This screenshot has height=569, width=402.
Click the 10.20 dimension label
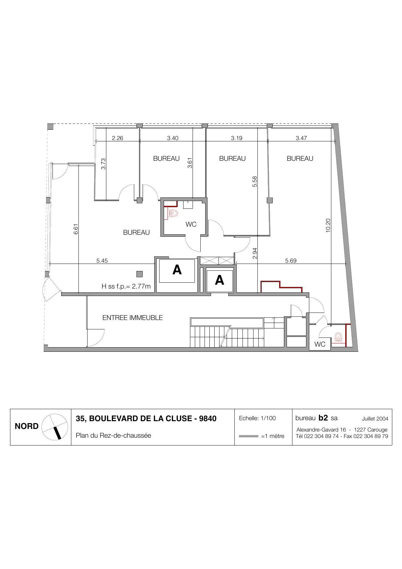click(x=328, y=225)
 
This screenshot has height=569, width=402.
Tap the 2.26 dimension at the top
click(x=117, y=138)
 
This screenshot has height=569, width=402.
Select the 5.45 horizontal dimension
click(x=102, y=261)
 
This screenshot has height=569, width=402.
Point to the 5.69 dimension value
click(x=291, y=261)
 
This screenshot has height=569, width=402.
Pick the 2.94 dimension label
click(x=255, y=253)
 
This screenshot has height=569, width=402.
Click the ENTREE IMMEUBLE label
click(x=133, y=318)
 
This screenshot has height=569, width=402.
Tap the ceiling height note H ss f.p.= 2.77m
click(x=126, y=287)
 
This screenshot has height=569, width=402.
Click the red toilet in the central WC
click(x=174, y=214)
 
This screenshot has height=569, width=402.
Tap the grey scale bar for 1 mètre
click(x=248, y=436)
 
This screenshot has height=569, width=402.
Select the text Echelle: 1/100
click(x=257, y=418)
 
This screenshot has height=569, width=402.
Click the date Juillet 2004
click(x=375, y=419)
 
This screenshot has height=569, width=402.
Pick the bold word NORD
click(x=27, y=427)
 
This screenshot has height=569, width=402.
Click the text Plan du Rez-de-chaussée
click(x=113, y=435)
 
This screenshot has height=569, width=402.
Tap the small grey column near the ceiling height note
click(x=139, y=274)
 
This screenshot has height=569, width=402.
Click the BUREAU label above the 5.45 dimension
click(x=136, y=232)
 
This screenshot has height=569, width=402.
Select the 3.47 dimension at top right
click(x=301, y=138)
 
